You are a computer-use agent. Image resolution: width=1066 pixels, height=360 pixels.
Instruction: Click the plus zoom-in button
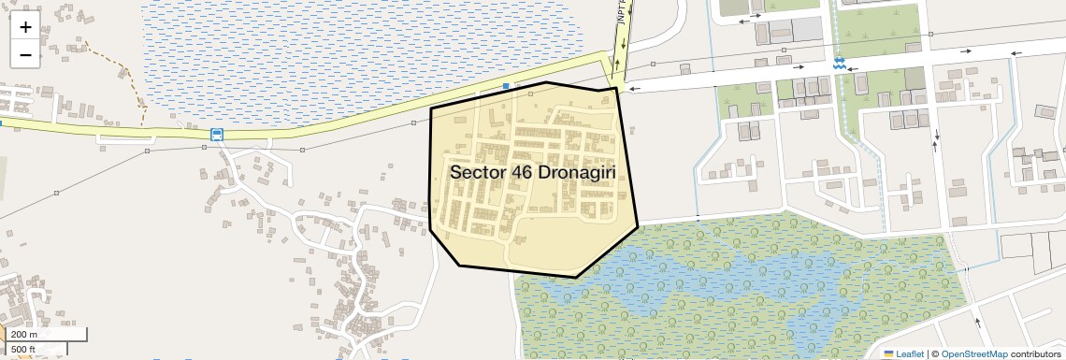[25, 26]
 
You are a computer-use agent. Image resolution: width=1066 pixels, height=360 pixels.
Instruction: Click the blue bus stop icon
[217, 135]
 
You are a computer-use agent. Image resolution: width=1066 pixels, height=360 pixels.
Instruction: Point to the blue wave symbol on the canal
[839, 64]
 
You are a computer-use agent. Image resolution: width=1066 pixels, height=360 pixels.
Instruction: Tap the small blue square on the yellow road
[506, 86]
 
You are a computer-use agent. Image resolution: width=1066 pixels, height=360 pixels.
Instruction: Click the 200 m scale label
[24, 335]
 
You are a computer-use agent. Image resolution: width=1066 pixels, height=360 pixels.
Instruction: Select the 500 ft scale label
[24, 350]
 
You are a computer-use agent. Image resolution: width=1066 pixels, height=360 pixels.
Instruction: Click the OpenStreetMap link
[974, 353]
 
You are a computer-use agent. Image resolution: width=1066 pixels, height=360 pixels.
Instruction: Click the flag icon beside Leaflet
[889, 353]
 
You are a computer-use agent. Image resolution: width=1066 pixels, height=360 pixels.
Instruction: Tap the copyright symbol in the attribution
[935, 353]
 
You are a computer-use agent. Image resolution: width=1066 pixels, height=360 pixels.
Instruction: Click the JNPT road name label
[622, 13]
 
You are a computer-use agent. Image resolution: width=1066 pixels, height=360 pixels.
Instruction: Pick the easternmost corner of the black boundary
[638, 226]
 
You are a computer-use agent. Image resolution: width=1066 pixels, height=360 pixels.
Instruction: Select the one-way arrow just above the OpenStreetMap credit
[978, 322]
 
